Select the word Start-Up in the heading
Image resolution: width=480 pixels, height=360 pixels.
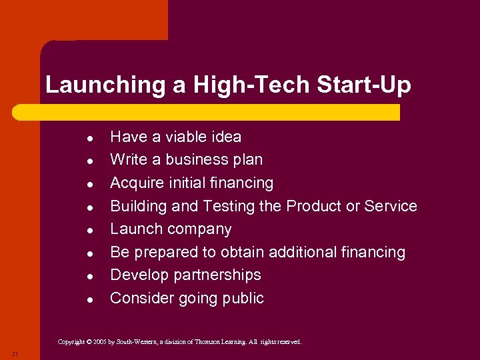[x=371, y=85]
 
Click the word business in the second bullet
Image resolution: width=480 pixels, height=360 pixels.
[x=194, y=159]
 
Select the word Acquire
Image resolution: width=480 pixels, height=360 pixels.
[x=136, y=183]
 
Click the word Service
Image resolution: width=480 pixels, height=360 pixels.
[x=391, y=206]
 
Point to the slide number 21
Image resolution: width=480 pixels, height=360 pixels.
[x=15, y=353]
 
